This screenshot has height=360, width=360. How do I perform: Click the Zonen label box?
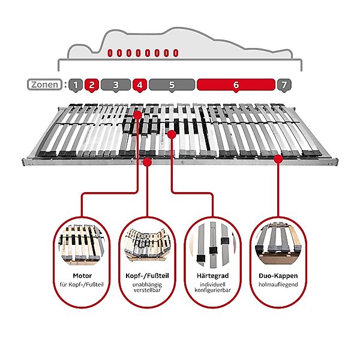tap(44, 85)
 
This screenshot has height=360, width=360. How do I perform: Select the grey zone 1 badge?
tap(75, 85)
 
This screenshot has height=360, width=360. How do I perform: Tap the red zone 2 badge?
tap(91, 85)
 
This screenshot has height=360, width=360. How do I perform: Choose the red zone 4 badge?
tap(139, 85)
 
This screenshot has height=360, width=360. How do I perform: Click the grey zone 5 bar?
tap(172, 85)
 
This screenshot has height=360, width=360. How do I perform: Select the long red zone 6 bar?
tap(235, 85)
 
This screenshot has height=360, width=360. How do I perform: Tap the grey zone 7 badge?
tap(284, 85)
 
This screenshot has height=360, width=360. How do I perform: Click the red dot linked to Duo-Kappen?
tap(278, 158)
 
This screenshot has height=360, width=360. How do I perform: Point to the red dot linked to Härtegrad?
tap(172, 135)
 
